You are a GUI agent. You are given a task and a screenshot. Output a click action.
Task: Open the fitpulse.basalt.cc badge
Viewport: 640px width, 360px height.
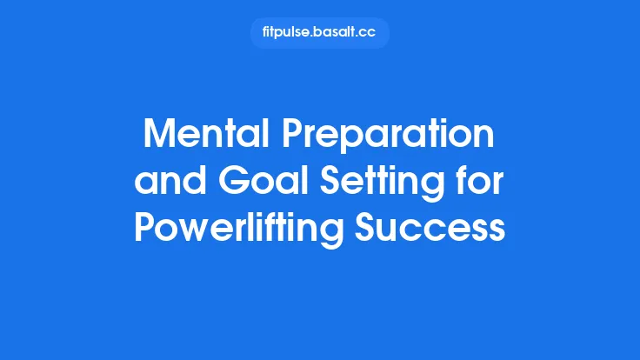coord(320,33)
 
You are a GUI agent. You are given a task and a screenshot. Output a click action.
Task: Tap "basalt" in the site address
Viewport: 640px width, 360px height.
coord(330,33)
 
